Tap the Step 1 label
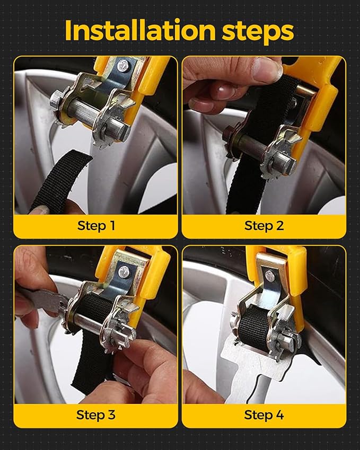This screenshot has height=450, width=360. (x=96, y=225)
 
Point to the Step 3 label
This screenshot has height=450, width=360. (x=96, y=414)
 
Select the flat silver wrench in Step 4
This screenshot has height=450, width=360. (x=249, y=371)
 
